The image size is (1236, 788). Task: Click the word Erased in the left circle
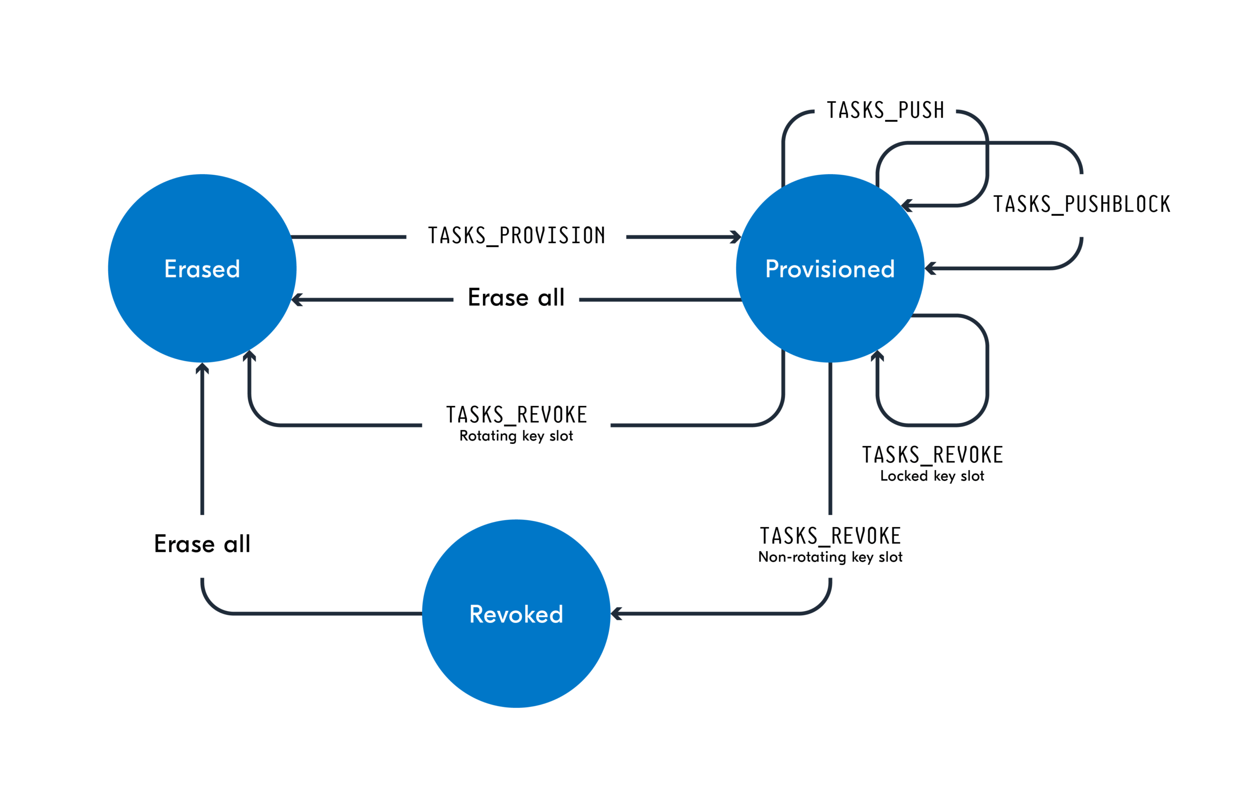202,269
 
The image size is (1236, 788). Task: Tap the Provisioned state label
829,269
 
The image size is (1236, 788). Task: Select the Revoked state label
516,614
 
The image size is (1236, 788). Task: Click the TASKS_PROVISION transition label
517,236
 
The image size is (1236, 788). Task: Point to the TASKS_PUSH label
885,111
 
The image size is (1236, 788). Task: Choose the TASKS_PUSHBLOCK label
1081,204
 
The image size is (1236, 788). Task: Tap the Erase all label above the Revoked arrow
202,544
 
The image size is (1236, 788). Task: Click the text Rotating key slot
516,436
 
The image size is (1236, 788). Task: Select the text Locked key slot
932,476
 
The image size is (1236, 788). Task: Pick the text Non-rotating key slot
830,557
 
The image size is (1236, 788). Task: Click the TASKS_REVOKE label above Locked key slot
932,455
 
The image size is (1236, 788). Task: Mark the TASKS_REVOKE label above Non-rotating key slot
830,536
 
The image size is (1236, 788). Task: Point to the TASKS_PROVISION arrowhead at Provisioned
737,236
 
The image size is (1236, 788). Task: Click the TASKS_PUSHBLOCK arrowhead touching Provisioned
929,268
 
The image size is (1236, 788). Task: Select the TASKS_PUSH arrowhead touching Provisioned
906,205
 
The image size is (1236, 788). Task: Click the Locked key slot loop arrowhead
877,356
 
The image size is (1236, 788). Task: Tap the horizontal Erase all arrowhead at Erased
296,300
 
